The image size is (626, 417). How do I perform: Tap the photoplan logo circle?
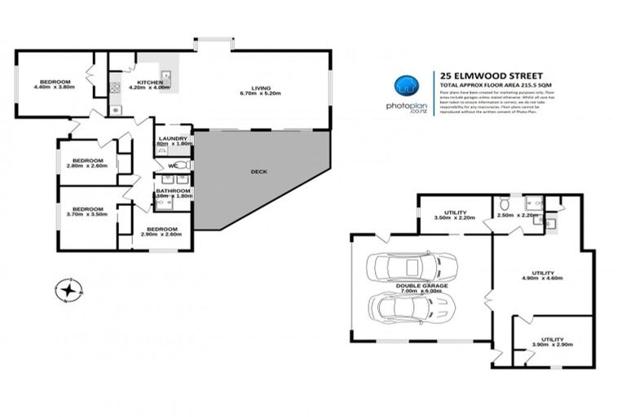(404, 86)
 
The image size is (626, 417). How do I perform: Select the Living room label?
(260, 90)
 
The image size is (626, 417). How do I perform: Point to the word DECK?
(260, 172)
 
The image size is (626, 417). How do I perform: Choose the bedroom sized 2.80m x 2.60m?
(86, 164)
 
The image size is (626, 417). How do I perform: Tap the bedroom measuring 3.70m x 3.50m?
(86, 211)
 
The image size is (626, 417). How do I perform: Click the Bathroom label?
(173, 193)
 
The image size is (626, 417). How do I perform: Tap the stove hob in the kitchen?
(116, 88)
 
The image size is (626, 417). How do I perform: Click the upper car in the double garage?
(412, 266)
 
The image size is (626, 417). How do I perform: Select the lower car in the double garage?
(412, 307)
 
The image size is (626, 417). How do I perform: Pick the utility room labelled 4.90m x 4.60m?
(543, 275)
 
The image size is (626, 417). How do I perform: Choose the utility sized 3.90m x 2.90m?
(553, 342)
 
